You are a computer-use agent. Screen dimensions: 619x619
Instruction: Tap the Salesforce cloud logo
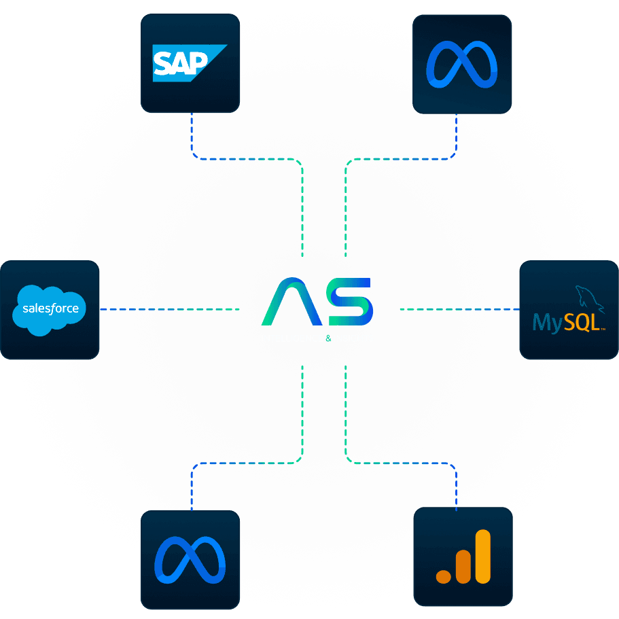50,310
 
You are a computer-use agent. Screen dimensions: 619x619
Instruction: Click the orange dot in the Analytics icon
444,576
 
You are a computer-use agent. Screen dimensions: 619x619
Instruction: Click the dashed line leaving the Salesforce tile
136,310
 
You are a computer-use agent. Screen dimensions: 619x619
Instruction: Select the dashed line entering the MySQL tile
489,310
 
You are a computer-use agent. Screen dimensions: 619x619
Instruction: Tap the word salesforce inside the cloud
50,308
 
